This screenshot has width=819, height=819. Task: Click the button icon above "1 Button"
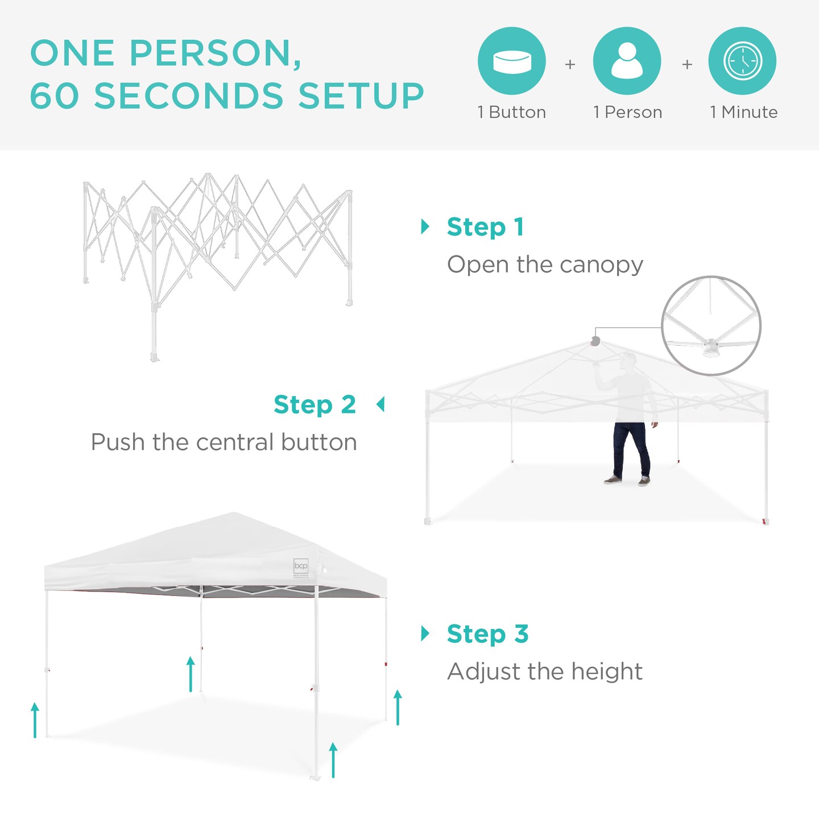(x=512, y=61)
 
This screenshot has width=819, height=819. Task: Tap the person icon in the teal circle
(x=627, y=61)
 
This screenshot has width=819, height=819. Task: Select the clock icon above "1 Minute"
(x=742, y=61)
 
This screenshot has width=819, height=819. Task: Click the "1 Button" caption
(x=512, y=112)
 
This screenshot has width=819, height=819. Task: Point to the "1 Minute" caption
(x=743, y=112)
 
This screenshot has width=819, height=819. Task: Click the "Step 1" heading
(x=485, y=227)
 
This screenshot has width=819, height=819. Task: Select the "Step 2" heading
(x=315, y=405)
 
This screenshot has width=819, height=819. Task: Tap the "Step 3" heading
(x=487, y=634)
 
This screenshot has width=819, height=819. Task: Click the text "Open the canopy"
(x=545, y=265)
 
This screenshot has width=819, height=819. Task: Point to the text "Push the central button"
(x=224, y=442)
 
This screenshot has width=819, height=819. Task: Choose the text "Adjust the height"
(x=545, y=672)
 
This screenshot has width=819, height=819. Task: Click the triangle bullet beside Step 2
(x=380, y=404)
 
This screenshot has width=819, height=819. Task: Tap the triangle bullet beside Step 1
(x=425, y=226)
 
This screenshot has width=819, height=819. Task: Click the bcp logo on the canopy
(x=301, y=566)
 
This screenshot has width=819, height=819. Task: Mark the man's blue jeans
(x=630, y=449)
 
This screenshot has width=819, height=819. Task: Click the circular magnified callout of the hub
(x=711, y=326)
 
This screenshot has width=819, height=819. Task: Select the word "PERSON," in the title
(x=216, y=53)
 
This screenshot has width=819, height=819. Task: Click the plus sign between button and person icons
(x=570, y=64)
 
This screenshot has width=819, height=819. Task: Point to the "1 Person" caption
(x=627, y=112)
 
